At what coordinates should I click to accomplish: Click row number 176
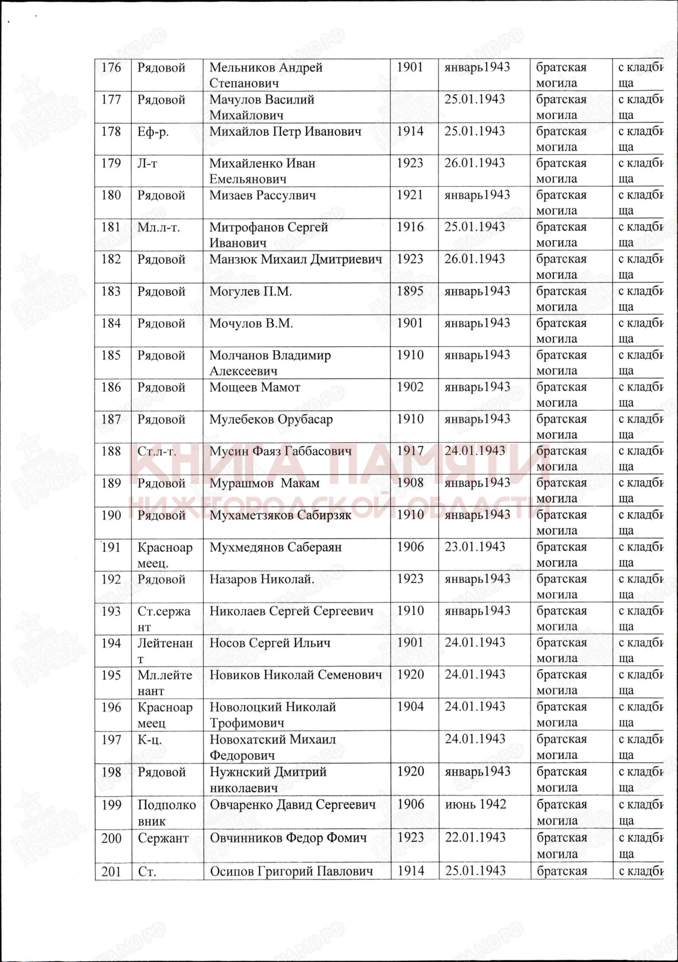point(111,67)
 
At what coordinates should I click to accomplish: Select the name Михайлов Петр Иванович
point(285,131)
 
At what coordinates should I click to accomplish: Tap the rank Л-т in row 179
point(147,164)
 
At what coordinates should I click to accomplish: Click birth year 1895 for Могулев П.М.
point(410,291)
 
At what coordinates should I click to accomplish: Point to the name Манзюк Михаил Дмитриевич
point(296,259)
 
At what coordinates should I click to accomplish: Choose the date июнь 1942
point(476,804)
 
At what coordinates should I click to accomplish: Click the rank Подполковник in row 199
point(166,812)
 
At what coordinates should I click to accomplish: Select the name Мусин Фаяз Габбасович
point(280,451)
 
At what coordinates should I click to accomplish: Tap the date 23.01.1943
point(475,547)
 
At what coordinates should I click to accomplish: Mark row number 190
point(111,515)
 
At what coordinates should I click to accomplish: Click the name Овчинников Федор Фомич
point(288,837)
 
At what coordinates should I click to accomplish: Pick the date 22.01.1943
point(475,837)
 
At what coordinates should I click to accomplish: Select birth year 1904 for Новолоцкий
point(410,707)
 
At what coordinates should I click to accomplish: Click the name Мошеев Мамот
point(255,387)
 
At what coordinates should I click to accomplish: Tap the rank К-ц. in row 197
point(150,739)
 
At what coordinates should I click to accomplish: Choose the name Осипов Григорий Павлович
point(291,871)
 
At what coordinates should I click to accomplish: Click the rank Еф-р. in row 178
point(153,132)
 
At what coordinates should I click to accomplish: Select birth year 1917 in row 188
point(410,451)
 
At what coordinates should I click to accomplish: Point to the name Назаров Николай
point(262,579)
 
